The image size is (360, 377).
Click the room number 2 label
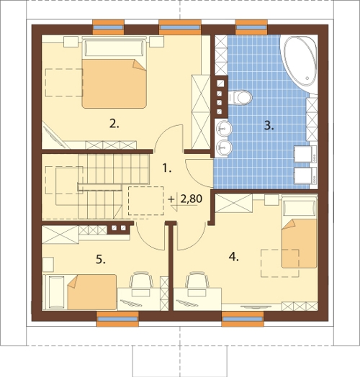[x=114, y=124]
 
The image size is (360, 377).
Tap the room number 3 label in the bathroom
[x=269, y=126]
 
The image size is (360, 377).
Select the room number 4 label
[x=234, y=257]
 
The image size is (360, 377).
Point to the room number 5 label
[x=101, y=260]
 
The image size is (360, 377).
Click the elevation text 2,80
[x=191, y=199]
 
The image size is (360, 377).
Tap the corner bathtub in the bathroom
[x=300, y=62]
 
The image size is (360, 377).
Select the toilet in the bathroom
[x=240, y=97]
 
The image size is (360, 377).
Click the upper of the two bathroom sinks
[x=223, y=129]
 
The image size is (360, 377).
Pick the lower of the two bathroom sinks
[x=223, y=147]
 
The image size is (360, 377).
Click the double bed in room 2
[x=114, y=73]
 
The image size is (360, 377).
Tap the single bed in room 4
[x=300, y=234]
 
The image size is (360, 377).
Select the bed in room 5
[x=80, y=292]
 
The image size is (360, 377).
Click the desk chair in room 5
[x=141, y=279]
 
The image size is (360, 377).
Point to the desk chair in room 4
[x=197, y=279]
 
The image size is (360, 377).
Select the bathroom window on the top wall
[x=251, y=27]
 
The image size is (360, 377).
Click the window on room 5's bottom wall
[x=117, y=319]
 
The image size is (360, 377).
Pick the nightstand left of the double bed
[x=71, y=42]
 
